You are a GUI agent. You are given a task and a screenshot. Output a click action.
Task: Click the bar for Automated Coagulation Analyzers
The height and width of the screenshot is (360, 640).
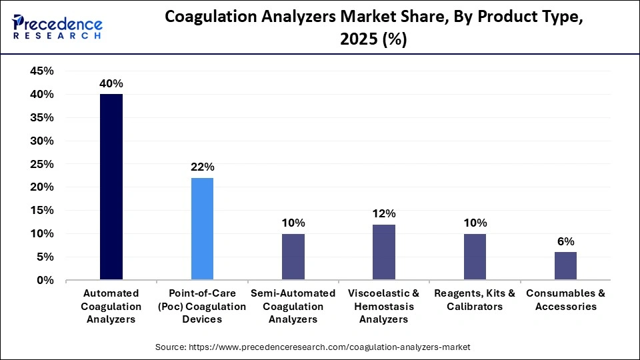point(111,187)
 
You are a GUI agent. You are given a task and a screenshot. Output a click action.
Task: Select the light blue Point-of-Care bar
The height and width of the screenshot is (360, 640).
point(202,229)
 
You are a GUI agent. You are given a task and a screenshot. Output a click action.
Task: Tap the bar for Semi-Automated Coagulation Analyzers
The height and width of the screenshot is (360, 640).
point(293,257)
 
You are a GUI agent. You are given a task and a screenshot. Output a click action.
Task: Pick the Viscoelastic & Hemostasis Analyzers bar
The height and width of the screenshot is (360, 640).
point(384,252)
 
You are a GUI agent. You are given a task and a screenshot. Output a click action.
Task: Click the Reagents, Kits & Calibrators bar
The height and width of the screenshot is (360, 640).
point(475,257)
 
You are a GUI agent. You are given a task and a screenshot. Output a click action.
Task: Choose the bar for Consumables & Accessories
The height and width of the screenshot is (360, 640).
point(565,266)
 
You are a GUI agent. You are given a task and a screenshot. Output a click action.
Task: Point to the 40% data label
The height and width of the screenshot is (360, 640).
point(111,84)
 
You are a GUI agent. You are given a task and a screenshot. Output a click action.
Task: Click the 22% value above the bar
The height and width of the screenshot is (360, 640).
point(202,167)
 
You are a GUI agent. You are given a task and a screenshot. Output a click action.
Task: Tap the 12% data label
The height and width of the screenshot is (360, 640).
point(384,214)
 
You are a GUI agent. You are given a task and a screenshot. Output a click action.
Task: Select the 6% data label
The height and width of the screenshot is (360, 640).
point(565,241)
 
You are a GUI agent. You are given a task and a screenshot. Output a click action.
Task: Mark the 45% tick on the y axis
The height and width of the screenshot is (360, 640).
point(42,71)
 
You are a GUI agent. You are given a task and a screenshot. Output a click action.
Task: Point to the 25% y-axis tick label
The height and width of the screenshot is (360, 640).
point(42,164)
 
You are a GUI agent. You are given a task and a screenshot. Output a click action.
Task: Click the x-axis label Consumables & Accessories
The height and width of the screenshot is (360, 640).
point(565,300)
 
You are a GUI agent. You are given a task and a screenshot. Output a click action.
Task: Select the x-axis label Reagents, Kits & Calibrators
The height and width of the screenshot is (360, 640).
point(475,300)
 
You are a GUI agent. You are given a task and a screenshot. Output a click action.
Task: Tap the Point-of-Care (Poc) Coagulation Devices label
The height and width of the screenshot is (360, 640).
point(202,307)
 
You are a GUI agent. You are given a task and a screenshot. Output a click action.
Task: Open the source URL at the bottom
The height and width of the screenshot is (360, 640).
point(313,347)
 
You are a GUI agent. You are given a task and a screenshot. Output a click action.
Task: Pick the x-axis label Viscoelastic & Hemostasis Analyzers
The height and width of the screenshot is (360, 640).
point(384,307)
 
